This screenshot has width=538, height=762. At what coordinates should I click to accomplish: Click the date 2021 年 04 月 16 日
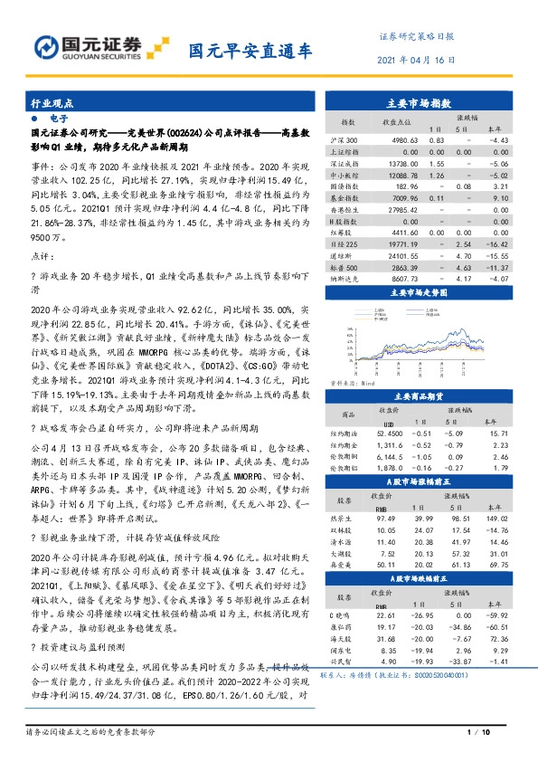(413, 59)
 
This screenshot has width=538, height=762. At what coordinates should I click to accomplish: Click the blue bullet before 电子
(33, 119)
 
